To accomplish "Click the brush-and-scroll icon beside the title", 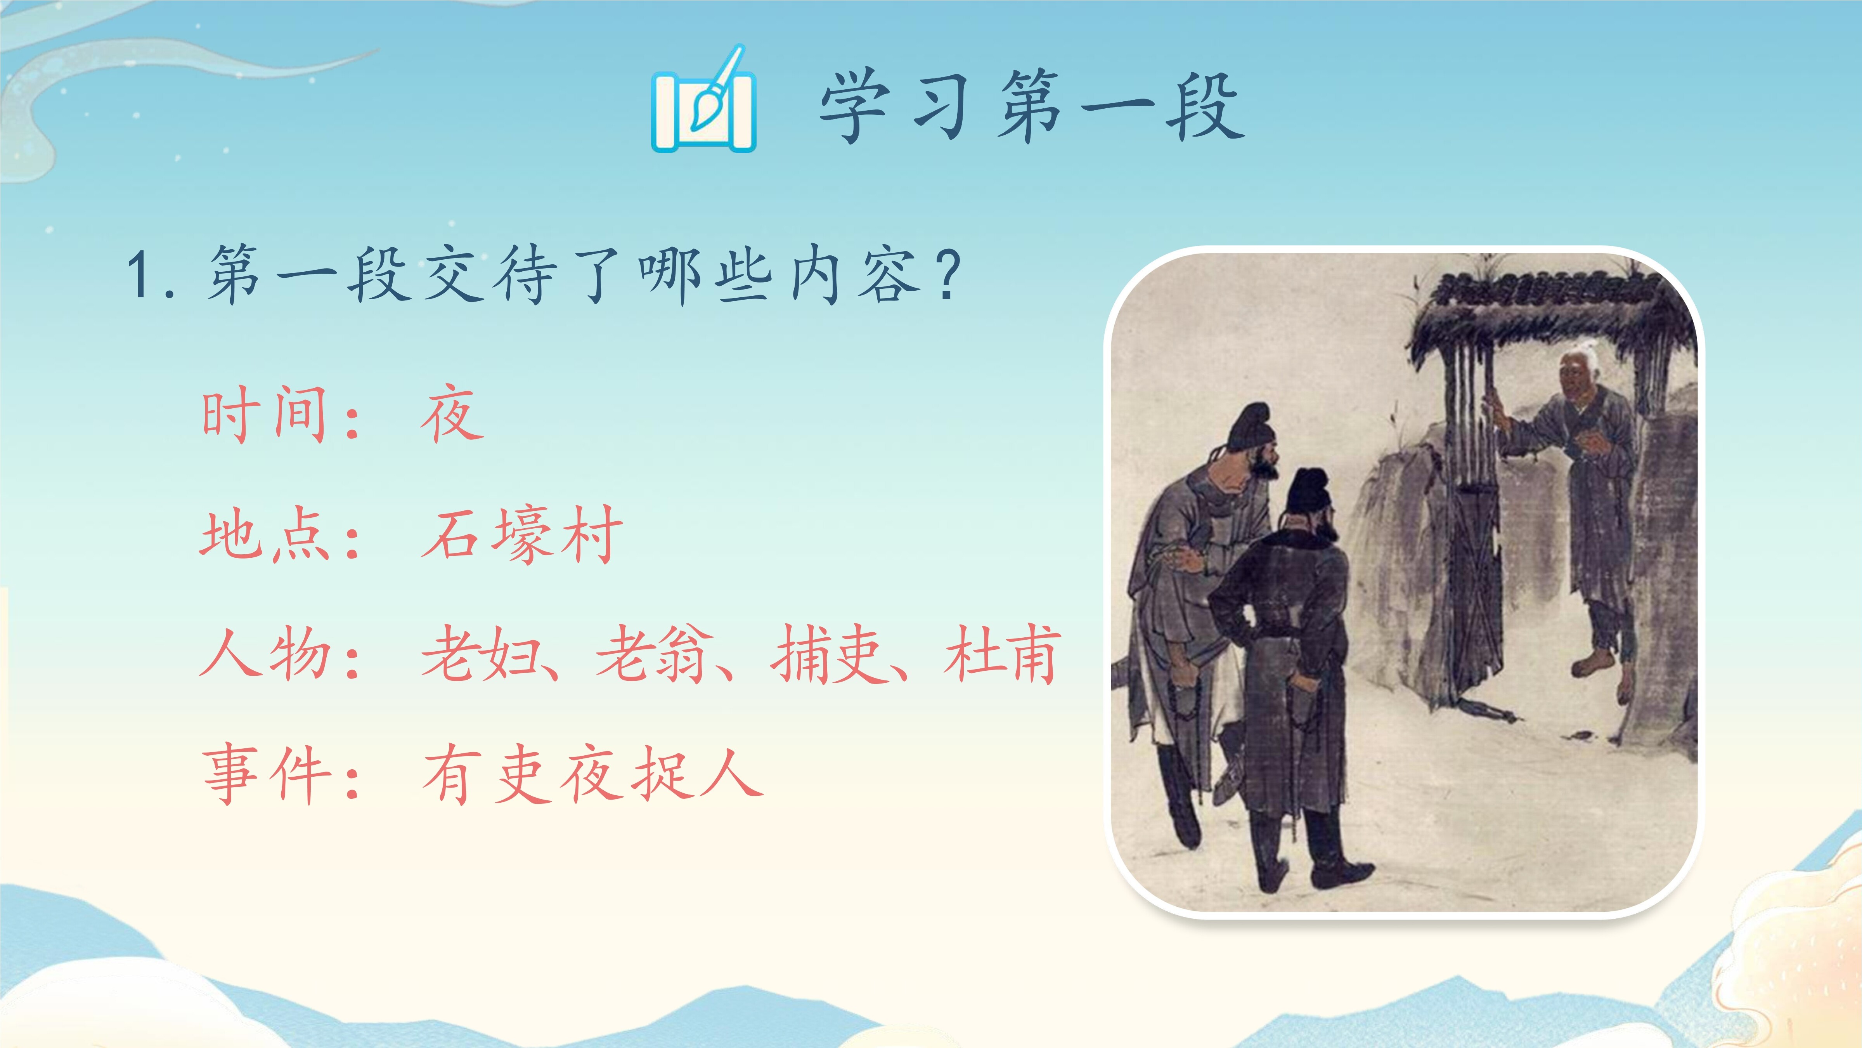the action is pyautogui.click(x=703, y=100).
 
